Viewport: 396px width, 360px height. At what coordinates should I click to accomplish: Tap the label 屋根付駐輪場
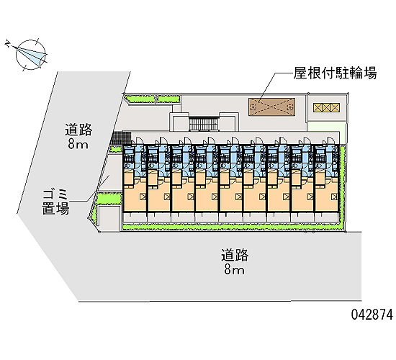[335, 73]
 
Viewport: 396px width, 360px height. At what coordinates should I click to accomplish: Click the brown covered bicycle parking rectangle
[271, 107]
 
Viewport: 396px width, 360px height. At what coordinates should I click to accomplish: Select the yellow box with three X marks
[326, 107]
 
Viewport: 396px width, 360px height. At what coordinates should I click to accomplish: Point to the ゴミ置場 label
[55, 202]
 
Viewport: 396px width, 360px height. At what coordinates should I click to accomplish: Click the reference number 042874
[372, 315]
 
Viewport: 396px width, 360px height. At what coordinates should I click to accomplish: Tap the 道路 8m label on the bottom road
[235, 262]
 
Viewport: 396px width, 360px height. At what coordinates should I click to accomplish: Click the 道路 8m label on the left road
[78, 136]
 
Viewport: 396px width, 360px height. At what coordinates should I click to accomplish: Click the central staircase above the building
[204, 124]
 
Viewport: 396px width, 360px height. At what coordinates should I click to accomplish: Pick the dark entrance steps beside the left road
[121, 138]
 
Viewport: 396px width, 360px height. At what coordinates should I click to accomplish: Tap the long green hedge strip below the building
[232, 226]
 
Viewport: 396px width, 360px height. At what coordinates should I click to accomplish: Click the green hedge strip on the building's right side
[343, 187]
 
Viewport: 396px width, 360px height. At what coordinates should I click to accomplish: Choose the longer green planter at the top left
[140, 99]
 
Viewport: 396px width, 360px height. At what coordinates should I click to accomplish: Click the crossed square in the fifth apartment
[238, 197]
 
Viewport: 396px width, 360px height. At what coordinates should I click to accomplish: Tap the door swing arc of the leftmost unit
[140, 140]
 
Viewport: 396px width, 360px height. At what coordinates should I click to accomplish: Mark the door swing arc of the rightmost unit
[331, 140]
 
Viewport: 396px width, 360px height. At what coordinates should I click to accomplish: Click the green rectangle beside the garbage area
[109, 198]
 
